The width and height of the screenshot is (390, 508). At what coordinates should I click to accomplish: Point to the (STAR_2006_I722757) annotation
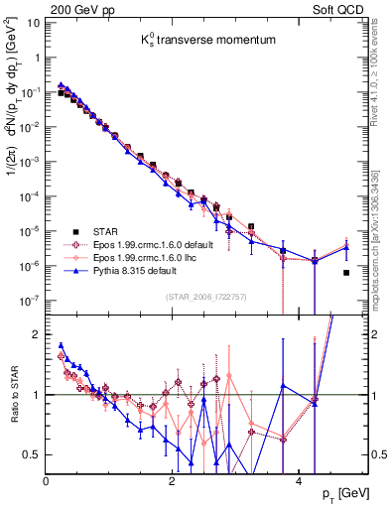pyautogui.click(x=203, y=295)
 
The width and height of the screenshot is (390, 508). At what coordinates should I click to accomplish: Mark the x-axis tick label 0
pyautogui.click(x=47, y=480)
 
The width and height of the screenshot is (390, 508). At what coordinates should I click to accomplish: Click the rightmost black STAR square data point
pyautogui.click(x=346, y=273)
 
